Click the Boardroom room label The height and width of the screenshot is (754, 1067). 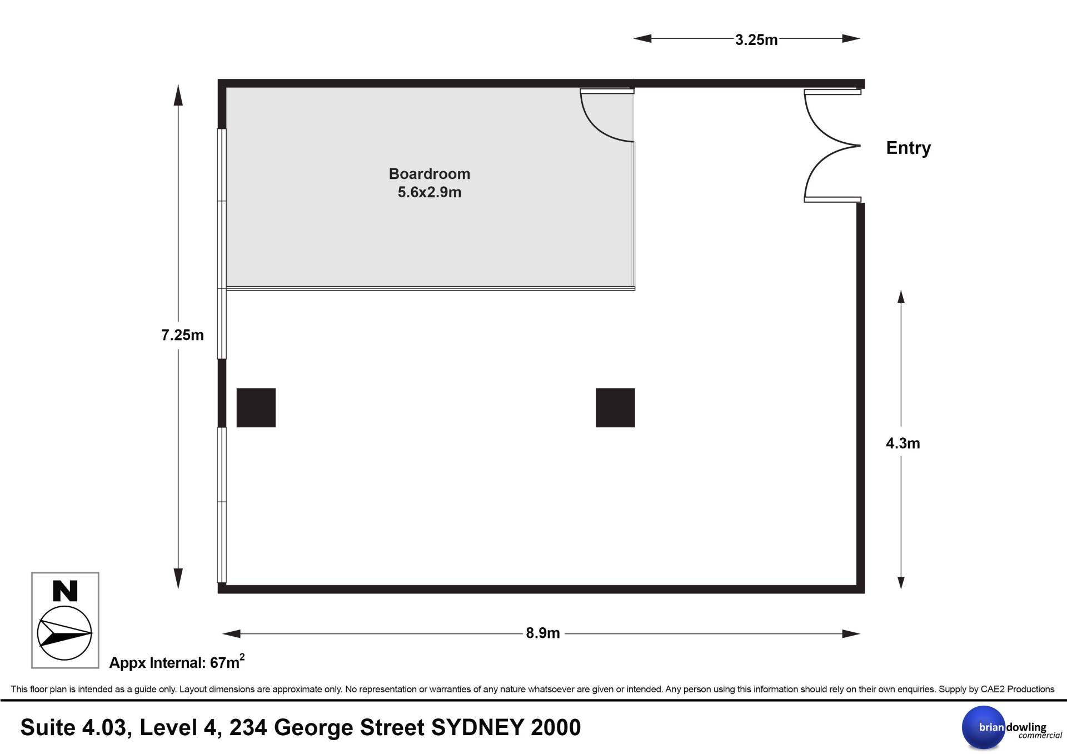tap(430, 174)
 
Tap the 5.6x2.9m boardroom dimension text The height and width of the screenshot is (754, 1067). tap(430, 192)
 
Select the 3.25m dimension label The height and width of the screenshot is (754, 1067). tap(756, 39)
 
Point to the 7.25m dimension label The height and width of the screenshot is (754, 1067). tap(182, 335)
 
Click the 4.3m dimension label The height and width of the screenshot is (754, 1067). tap(903, 443)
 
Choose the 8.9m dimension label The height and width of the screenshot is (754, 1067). tap(543, 633)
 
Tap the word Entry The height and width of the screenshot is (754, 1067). tap(908, 148)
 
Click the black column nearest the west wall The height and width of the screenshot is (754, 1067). tap(256, 408)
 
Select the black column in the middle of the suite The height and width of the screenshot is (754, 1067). tap(615, 408)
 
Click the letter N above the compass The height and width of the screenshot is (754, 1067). tap(65, 591)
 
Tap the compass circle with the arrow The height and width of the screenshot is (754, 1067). tap(64, 633)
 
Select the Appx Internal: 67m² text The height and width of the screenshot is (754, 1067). tap(177, 662)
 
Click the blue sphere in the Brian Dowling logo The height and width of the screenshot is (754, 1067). tap(984, 727)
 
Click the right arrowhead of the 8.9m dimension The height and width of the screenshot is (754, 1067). tap(851, 633)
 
